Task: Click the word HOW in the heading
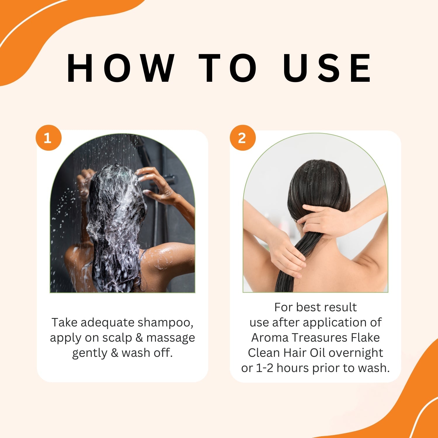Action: coord(121,68)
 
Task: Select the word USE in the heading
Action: coord(327,68)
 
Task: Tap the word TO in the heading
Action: coord(228,68)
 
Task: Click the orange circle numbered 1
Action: coord(48,138)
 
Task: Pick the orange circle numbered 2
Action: coord(243,138)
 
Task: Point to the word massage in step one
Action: coord(171,338)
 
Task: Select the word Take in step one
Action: coord(65,322)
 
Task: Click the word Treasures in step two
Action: coord(320,338)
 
